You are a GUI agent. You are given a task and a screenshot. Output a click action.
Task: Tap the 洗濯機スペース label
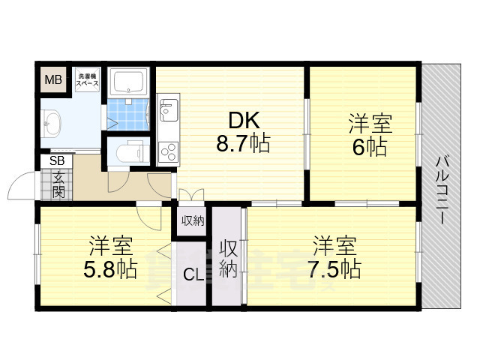[88, 79]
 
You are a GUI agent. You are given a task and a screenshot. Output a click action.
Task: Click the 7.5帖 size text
[334, 269]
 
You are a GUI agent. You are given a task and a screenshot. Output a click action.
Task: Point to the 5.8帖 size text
[110, 269]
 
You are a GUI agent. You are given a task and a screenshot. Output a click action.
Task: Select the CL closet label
[193, 274]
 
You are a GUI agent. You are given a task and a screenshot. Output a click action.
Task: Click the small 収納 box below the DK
[193, 220]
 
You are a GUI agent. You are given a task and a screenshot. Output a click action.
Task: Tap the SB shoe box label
[57, 160]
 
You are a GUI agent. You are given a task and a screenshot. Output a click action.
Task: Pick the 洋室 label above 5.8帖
[110, 245]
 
